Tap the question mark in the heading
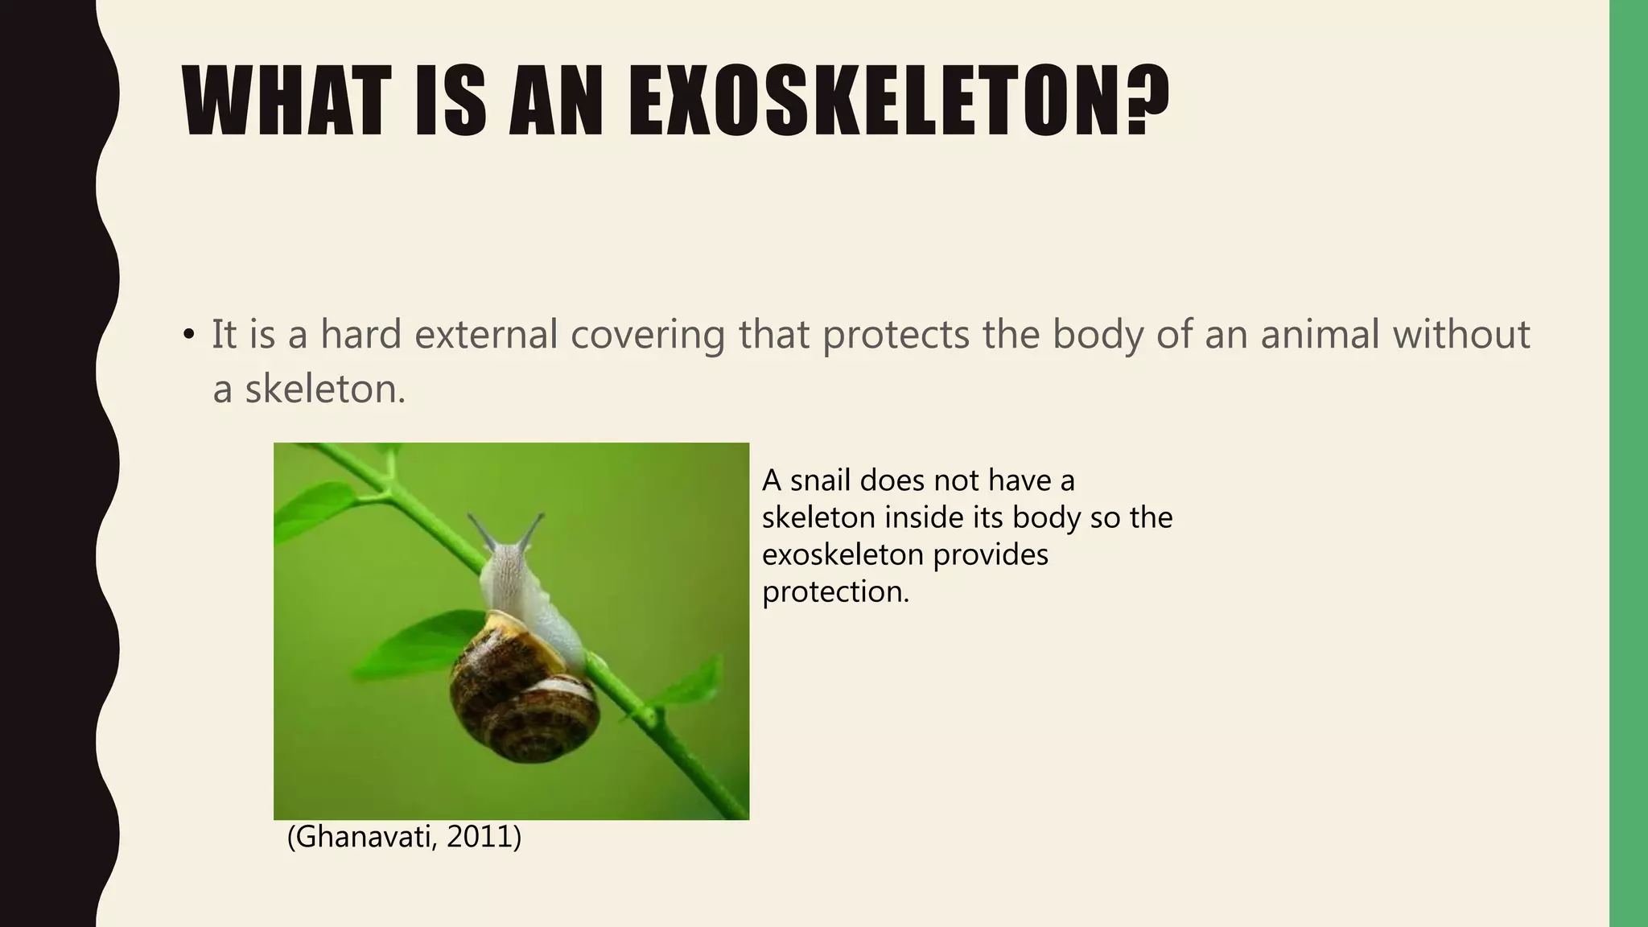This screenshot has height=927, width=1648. point(1143,102)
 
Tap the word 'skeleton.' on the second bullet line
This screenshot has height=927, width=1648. point(325,390)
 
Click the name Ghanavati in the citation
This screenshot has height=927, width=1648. point(361,837)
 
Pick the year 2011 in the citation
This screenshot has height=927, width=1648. point(480,837)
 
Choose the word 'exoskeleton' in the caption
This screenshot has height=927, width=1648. point(843,554)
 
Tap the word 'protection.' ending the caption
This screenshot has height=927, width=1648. point(835,591)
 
